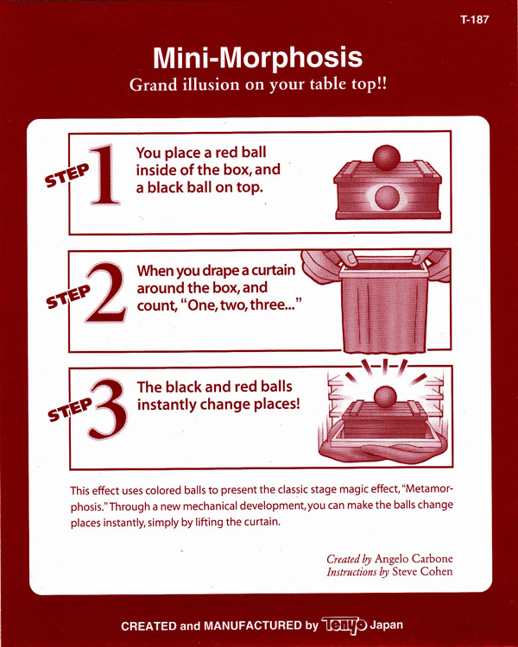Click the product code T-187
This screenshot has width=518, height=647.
[x=474, y=19]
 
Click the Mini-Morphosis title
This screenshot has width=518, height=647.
[x=257, y=58]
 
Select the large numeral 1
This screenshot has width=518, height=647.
[x=104, y=174]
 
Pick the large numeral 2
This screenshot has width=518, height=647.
[x=105, y=292]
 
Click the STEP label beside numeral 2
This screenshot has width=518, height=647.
[x=68, y=296]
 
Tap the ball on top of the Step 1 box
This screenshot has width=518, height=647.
[x=387, y=158]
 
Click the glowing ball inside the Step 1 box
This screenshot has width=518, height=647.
[x=387, y=198]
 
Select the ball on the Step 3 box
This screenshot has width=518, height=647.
[x=385, y=397]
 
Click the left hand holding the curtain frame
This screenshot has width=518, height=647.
[x=329, y=267]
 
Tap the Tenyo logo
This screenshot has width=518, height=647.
[x=344, y=625]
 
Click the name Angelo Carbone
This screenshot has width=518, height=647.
[x=414, y=559]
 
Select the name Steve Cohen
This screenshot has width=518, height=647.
[x=422, y=571]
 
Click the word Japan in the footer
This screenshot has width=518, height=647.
[x=386, y=625]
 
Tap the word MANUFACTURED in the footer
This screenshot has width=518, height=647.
[x=253, y=625]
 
